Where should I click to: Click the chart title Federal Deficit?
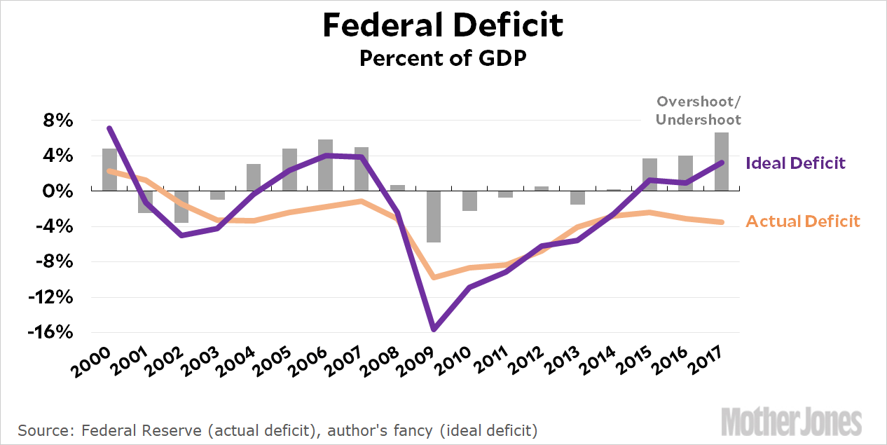tap(443, 26)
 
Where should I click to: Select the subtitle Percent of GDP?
tap(443, 58)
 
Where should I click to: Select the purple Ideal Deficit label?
tap(796, 163)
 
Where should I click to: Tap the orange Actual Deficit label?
tap(803, 221)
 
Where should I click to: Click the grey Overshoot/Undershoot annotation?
tap(698, 111)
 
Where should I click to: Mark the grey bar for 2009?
tap(434, 217)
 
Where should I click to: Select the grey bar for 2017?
tap(722, 161)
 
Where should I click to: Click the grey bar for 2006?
tap(325, 165)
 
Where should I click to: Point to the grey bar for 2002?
tap(181, 207)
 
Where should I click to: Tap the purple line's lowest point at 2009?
tap(434, 329)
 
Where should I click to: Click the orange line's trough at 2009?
tap(434, 278)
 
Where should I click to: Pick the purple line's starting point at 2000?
tap(109, 128)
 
